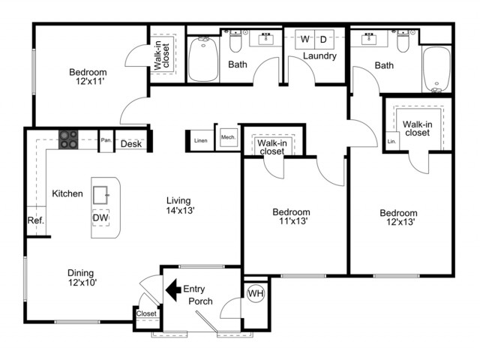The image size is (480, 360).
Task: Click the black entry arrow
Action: tap(173, 290)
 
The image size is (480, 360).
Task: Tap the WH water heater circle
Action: tap(256, 293)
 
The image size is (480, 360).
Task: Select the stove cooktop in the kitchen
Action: tap(68, 139)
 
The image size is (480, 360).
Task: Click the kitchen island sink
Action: tap(100, 195)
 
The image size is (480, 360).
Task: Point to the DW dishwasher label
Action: tap(100, 217)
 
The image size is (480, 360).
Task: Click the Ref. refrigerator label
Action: tap(36, 220)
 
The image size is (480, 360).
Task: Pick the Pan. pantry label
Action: tap(106, 140)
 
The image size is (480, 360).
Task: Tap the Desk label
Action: tap(131, 144)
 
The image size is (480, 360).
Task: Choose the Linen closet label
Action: tap(201, 140)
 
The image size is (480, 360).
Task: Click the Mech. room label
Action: tap(228, 137)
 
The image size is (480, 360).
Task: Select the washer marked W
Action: tap(305, 39)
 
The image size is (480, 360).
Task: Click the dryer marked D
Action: tap(323, 39)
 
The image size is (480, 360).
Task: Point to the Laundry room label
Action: tap(319, 56)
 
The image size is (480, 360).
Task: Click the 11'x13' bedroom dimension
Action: tap(293, 221)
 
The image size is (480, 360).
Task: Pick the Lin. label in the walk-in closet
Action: tap(391, 142)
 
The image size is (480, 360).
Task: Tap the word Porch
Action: tap(200, 301)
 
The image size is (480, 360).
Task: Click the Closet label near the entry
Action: tap(146, 313)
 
